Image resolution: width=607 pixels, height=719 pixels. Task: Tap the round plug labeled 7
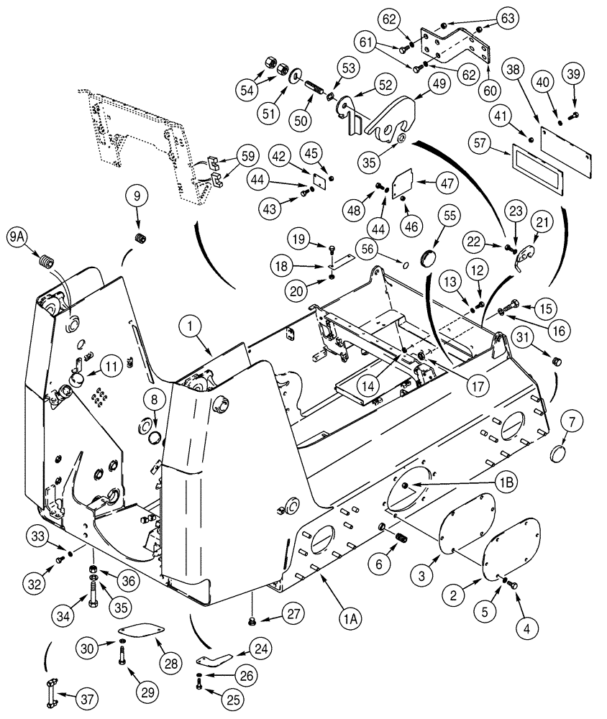point(559,455)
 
